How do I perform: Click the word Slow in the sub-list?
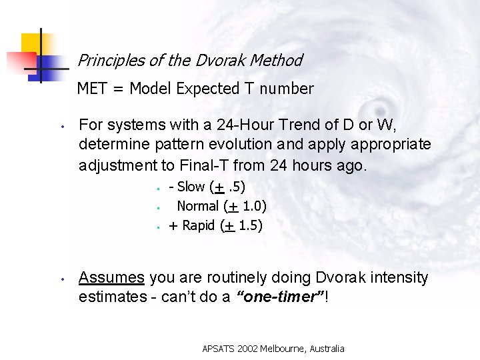coord(191,187)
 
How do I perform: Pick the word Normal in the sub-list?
coord(198,206)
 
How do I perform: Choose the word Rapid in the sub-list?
coord(199,225)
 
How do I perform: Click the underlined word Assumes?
coord(111,277)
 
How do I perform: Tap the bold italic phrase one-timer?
coord(281,296)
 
